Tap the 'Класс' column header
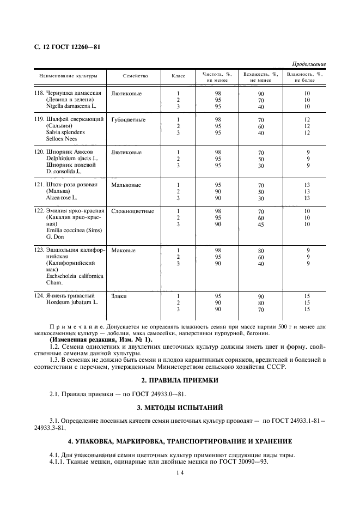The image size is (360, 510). [178, 76]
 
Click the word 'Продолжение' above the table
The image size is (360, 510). [309, 64]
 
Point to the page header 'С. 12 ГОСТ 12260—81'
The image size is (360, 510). [63, 47]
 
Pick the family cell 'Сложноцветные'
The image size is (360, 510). [132, 211]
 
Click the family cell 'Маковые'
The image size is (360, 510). [123, 251]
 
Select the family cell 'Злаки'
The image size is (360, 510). [120, 296]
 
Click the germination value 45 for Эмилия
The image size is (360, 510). [261, 224]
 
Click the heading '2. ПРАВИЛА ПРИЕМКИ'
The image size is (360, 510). [180, 380]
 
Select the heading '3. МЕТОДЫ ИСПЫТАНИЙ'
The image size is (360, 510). [180, 407]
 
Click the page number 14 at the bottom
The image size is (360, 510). [180, 474]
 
